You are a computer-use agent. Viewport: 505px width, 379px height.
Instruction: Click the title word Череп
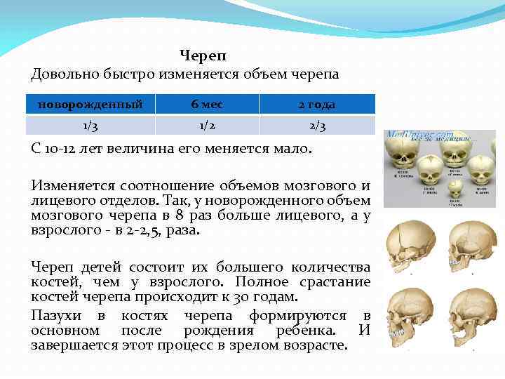[x=203, y=55]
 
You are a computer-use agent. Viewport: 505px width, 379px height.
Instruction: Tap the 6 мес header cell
[x=207, y=105]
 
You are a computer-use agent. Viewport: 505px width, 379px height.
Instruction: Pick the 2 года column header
[x=317, y=105]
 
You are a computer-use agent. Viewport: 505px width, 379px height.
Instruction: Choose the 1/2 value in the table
[x=207, y=125]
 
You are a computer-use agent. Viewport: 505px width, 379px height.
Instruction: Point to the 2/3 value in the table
[x=317, y=125]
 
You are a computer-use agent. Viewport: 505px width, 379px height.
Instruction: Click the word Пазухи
[x=56, y=316]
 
